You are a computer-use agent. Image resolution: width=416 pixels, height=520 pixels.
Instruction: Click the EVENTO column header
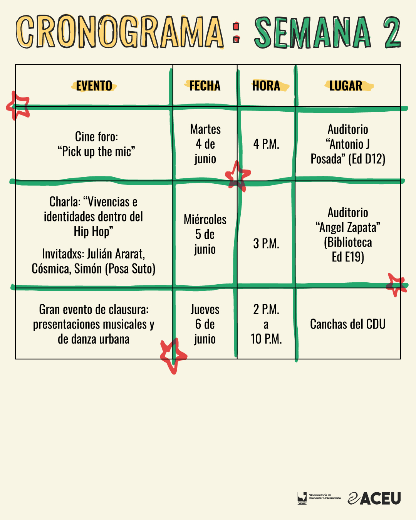point(94,86)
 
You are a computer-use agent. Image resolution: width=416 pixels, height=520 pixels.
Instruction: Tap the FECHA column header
point(205,86)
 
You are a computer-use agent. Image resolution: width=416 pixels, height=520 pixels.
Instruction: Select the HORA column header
point(266,86)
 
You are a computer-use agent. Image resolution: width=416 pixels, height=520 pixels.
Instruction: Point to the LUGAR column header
point(346,86)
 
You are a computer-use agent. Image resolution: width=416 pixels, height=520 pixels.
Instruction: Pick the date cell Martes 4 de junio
point(205,144)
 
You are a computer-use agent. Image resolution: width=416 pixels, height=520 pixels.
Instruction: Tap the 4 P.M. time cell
point(266,144)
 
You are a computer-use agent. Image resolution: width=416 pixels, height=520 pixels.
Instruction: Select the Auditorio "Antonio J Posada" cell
point(348,144)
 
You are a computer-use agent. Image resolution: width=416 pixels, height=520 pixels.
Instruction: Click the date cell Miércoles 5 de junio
point(205,234)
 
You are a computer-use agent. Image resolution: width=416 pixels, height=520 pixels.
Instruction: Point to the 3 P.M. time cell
point(266,243)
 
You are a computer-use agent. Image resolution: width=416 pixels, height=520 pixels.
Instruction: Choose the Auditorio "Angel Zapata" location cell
point(348,234)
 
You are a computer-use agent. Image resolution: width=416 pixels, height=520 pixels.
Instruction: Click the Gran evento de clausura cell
point(94,324)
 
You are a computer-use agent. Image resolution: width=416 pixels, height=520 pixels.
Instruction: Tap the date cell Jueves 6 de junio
point(205,324)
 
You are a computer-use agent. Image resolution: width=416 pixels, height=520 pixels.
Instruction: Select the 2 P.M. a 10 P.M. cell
point(266,324)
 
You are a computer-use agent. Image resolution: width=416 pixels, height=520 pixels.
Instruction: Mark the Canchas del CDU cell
point(348,324)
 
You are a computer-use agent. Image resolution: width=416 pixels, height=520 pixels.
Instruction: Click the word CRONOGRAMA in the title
point(120,32)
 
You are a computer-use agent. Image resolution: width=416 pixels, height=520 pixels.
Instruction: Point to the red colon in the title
point(237,32)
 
